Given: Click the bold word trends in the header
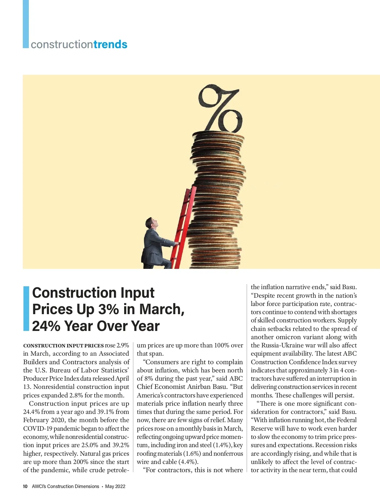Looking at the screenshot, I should click(110, 44).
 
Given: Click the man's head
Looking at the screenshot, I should click(150, 223).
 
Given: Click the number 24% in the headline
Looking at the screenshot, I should click(46, 326).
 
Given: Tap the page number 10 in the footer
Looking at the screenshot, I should click(25, 486).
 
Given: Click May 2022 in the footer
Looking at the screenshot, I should click(115, 486).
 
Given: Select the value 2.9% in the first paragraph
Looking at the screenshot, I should click(123, 345).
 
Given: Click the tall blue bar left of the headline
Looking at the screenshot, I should click(26, 308).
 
